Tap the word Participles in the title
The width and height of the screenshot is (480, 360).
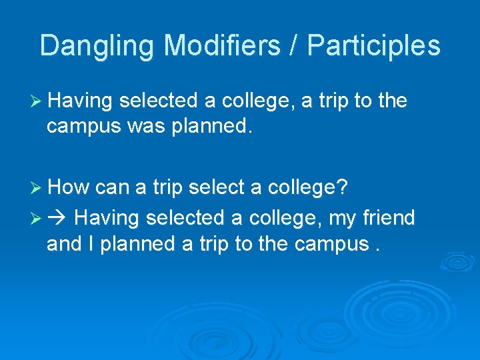(373, 46)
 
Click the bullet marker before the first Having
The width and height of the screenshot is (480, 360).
(37, 101)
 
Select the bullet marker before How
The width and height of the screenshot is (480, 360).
(37, 188)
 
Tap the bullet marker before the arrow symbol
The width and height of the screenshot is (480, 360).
(37, 218)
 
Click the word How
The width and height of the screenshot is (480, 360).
(69, 187)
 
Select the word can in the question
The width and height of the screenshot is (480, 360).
(113, 187)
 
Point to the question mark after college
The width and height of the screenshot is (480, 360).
(342, 187)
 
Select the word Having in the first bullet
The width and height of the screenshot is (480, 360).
(81, 101)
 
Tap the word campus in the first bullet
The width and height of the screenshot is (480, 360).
(78, 127)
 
